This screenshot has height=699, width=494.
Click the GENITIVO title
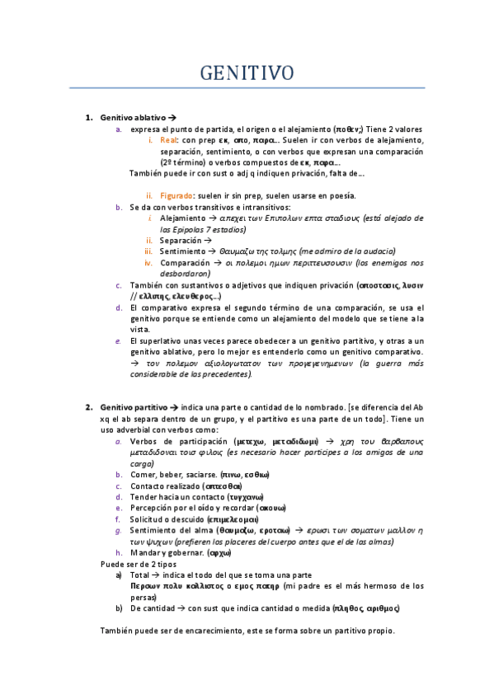247,73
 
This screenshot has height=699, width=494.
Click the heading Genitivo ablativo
132,118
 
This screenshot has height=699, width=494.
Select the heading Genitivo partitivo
133,407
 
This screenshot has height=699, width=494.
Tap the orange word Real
169,141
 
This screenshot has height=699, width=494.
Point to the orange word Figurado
177,195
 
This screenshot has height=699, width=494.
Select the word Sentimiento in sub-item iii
184,251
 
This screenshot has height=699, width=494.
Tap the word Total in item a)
141,575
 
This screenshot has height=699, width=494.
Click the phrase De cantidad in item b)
152,608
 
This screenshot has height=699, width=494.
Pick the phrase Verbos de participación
178,441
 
